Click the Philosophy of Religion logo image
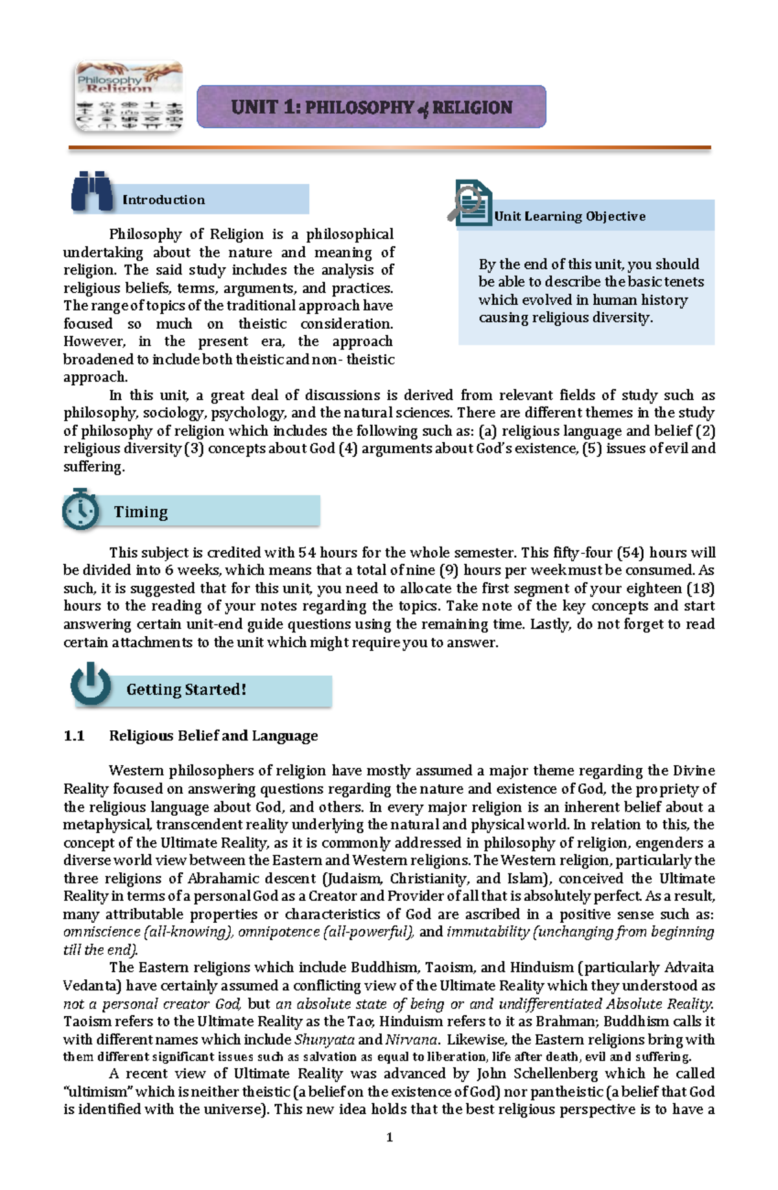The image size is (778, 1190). point(129,97)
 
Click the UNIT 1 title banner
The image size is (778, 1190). point(371,107)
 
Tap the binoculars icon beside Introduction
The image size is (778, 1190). point(91,191)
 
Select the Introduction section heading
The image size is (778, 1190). point(163,200)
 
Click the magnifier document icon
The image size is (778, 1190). point(470,204)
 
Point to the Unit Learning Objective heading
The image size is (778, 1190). point(569,217)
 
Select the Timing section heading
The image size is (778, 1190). point(141,512)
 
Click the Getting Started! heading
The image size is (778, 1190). point(186,689)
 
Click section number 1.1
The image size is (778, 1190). point(74,736)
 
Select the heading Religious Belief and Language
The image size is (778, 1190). point(213,736)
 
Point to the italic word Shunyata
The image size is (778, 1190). point(324,1040)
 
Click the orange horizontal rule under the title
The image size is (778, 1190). point(389,148)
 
